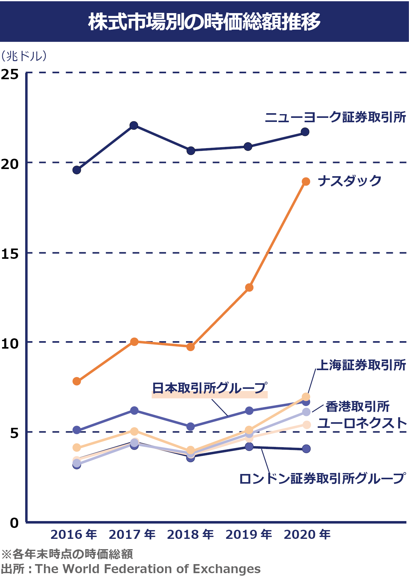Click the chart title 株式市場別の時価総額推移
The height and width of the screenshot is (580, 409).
(204, 22)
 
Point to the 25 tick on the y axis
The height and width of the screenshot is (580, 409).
(10, 74)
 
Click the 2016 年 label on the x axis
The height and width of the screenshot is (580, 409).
(74, 534)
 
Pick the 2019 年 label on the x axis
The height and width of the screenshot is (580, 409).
(249, 534)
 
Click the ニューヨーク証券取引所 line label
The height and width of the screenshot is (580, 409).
(335, 117)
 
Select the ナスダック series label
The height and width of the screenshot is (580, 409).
(350, 181)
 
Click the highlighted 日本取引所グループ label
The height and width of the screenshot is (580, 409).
(209, 388)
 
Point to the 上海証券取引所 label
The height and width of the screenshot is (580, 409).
(361, 365)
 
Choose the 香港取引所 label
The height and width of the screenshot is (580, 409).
(357, 407)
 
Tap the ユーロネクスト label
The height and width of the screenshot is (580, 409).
(362, 423)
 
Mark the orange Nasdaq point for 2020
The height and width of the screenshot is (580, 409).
(306, 181)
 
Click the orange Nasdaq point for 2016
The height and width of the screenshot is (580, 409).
(77, 381)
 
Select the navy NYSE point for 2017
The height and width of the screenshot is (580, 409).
(134, 125)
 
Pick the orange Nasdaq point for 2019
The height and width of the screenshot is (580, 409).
(249, 288)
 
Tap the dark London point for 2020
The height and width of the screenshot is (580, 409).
(306, 449)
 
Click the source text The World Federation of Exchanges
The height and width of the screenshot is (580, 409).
(148, 569)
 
